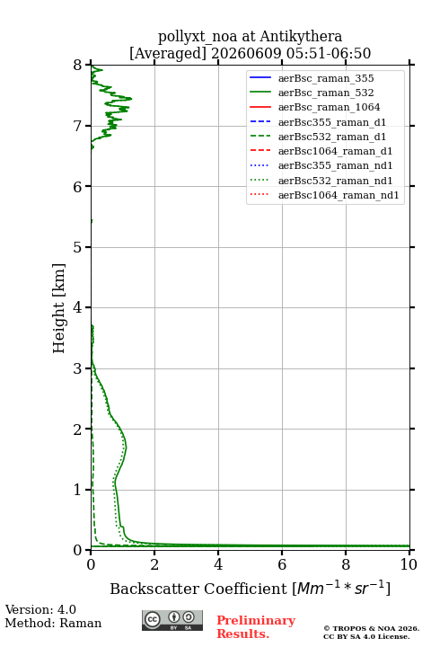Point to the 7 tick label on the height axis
(x=77, y=126)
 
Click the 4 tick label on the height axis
(x=77, y=307)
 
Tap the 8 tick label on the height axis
(x=77, y=65)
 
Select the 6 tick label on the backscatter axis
(x=282, y=564)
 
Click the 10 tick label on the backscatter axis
(x=409, y=564)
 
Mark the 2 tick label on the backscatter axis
(x=154, y=564)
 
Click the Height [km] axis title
(x=58, y=308)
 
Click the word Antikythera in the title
(x=301, y=37)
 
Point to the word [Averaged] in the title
(x=167, y=53)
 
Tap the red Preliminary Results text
(x=256, y=626)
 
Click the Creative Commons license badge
(x=172, y=620)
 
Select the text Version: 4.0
(x=40, y=609)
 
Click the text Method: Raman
(x=53, y=623)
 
